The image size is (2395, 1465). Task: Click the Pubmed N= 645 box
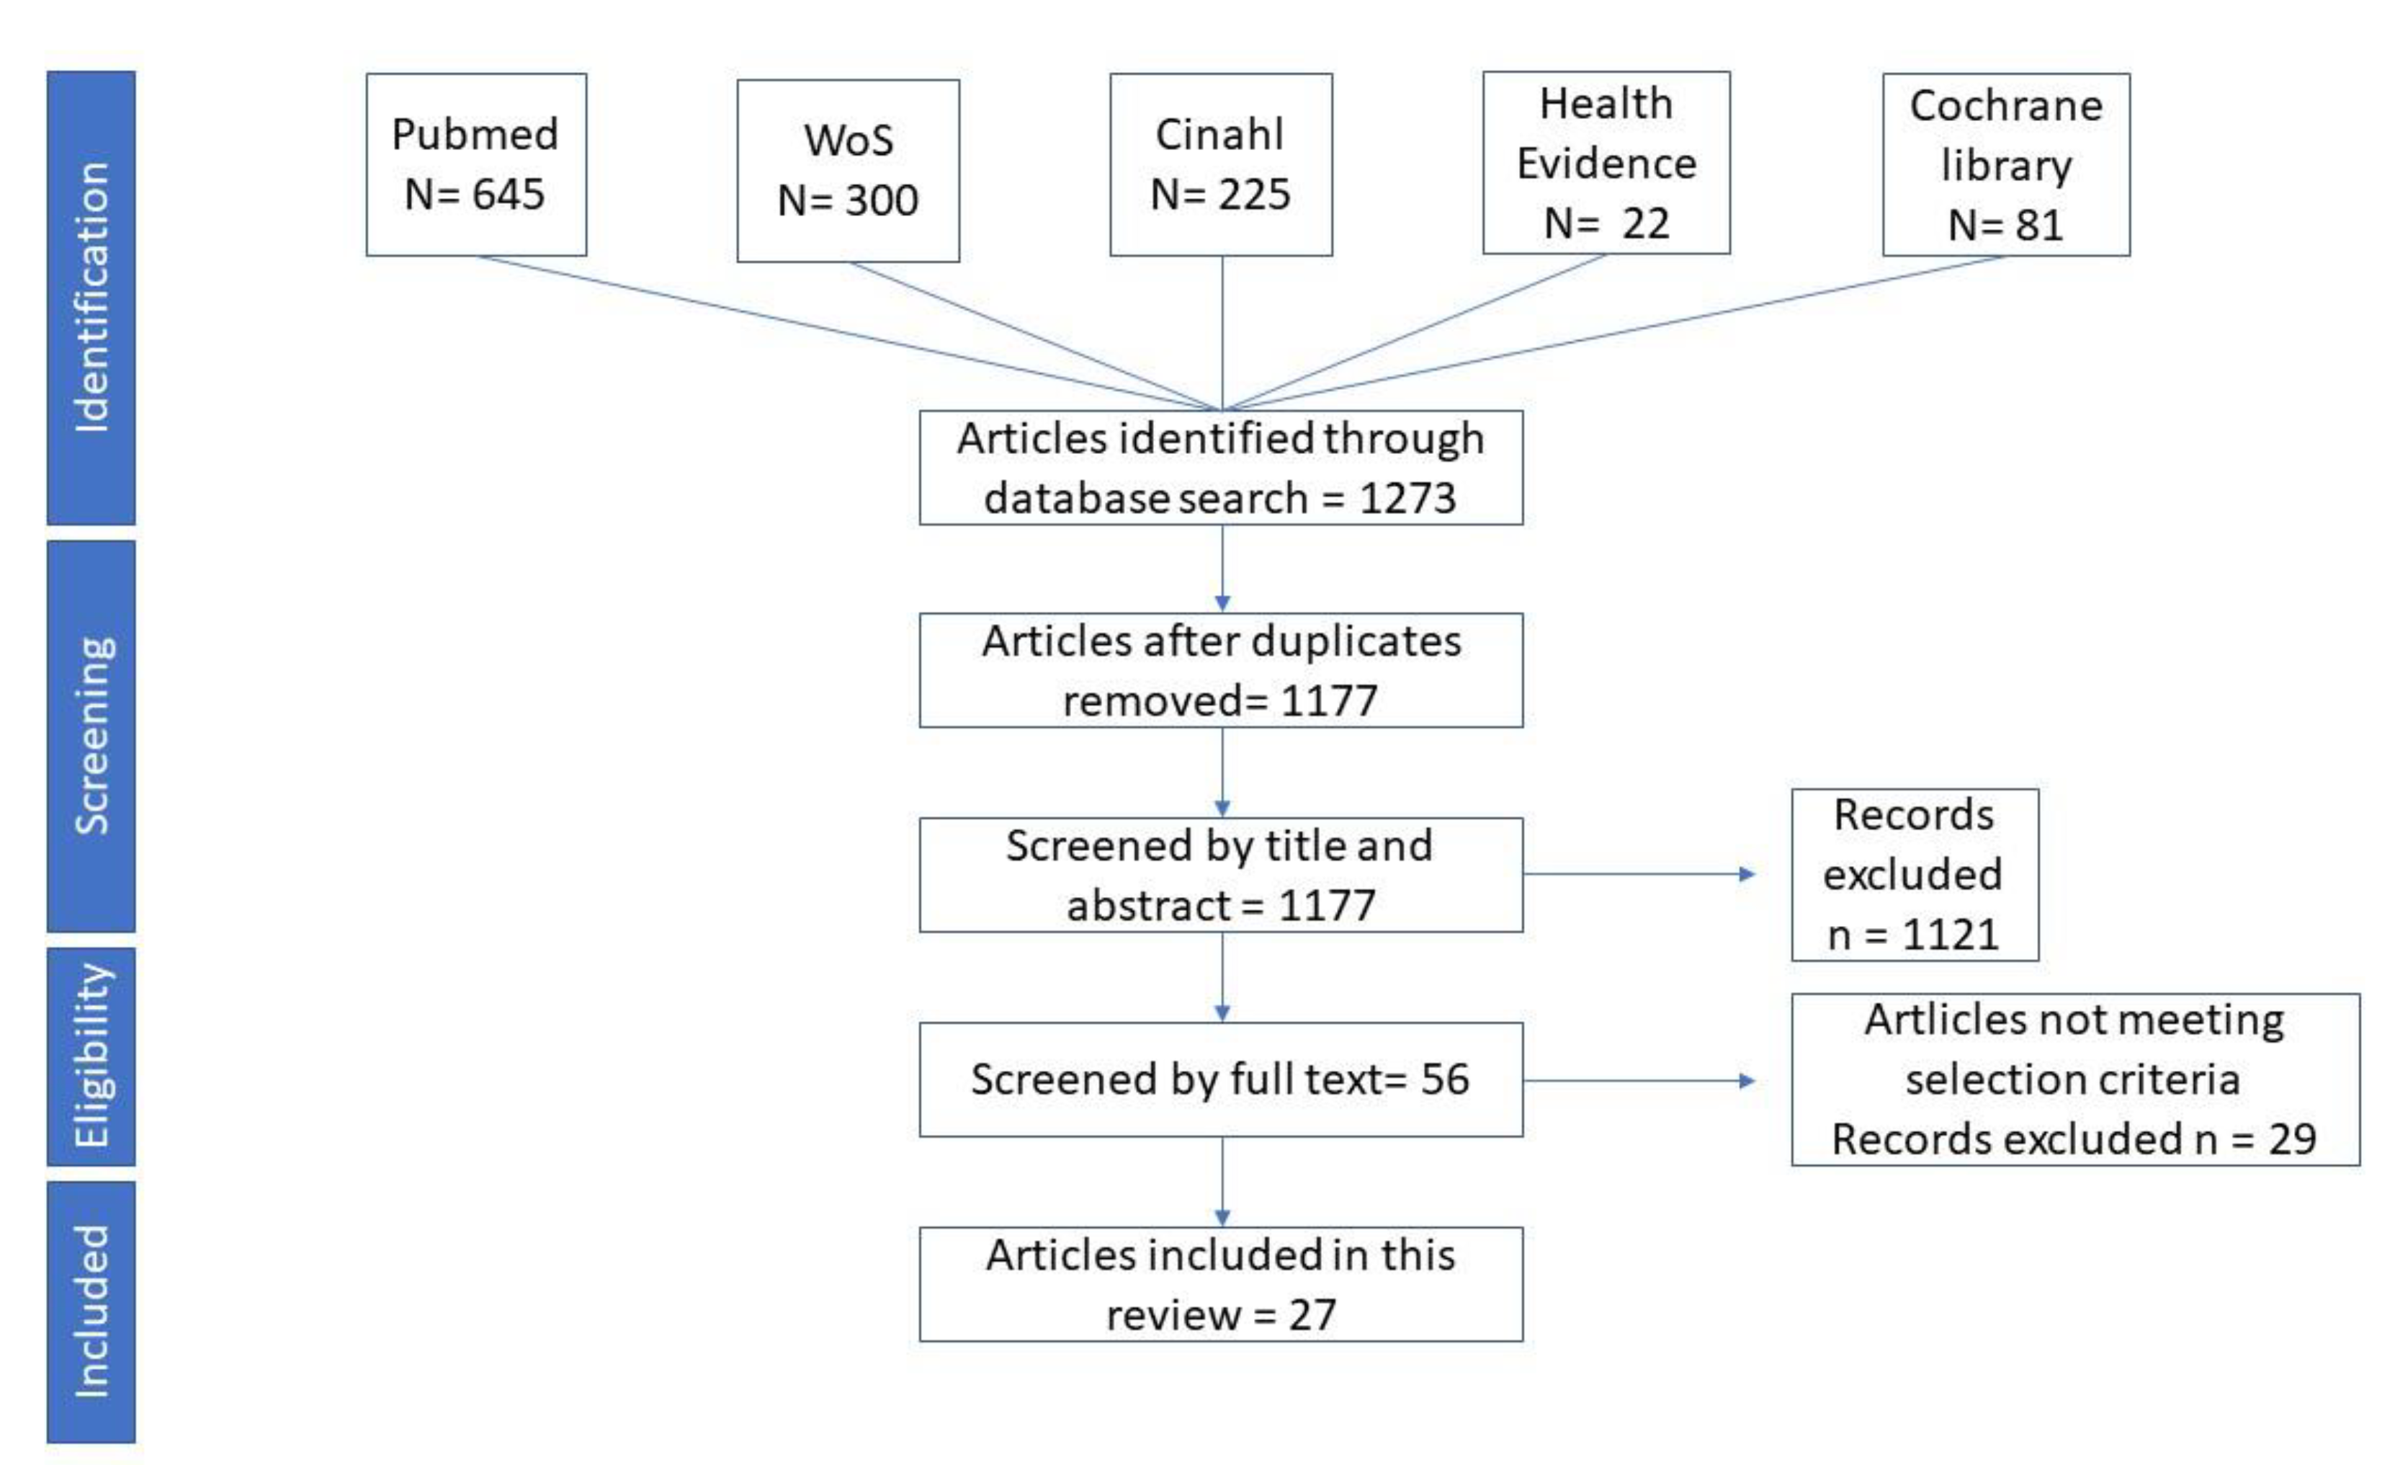(x=476, y=164)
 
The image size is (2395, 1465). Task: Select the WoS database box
(x=848, y=170)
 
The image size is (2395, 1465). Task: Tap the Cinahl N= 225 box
(x=1221, y=164)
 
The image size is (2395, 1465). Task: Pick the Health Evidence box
(x=1606, y=162)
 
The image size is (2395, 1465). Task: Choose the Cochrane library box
(x=2005, y=164)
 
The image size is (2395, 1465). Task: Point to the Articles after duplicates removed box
(x=1221, y=669)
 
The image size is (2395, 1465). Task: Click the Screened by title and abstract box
(x=1221, y=875)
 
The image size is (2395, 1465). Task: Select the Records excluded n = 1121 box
(x=1914, y=875)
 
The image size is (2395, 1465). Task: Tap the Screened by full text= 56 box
(x=1221, y=1079)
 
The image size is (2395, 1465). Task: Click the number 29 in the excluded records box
(x=2292, y=1139)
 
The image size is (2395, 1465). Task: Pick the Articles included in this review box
(x=1221, y=1284)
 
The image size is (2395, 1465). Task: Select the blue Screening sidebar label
(x=91, y=735)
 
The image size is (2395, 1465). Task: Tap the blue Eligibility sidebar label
(x=91, y=1056)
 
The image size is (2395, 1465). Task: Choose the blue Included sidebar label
(x=91, y=1311)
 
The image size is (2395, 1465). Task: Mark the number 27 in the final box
(x=1312, y=1315)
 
